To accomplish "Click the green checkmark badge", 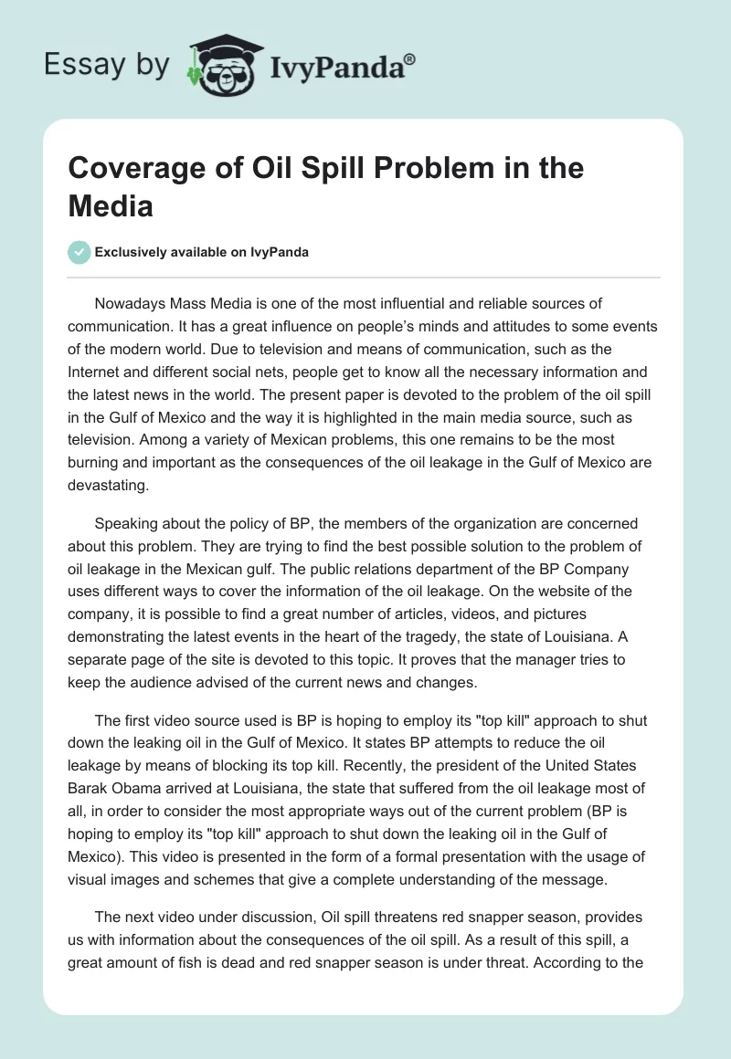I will (x=79, y=252).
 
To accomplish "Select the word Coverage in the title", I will (x=134, y=169).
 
